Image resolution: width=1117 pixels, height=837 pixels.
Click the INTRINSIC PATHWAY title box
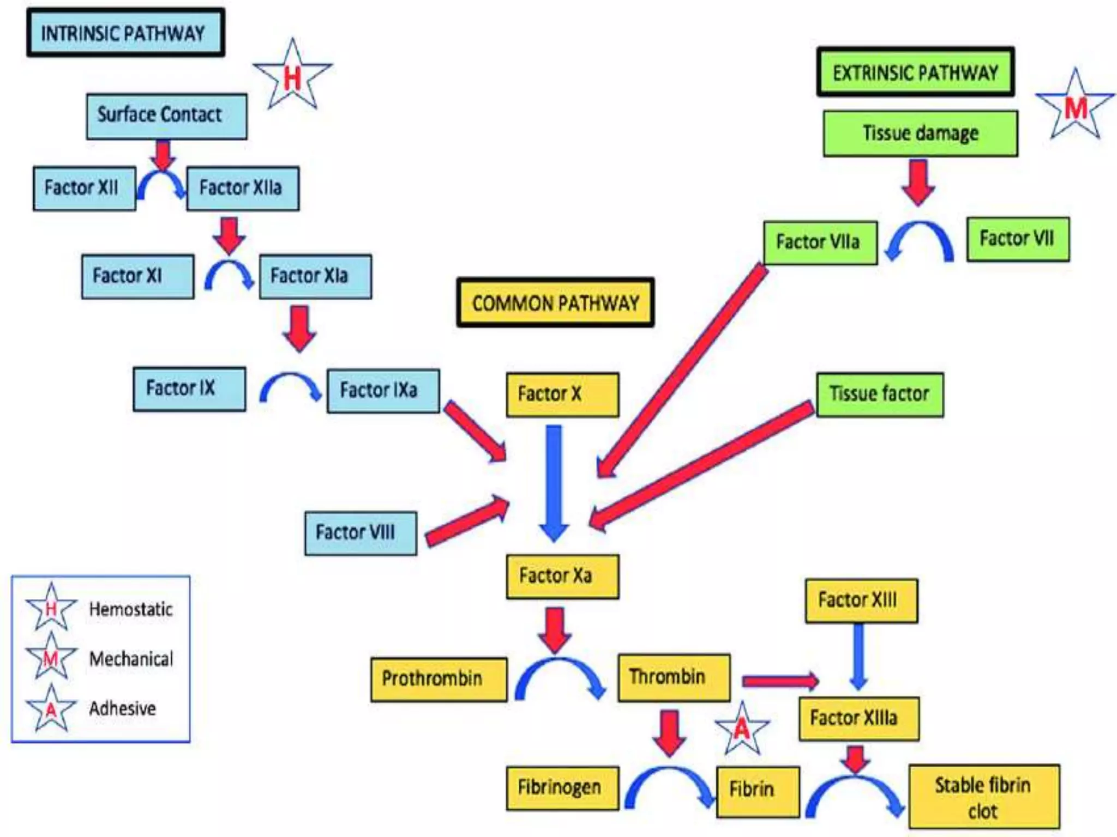[x=125, y=33]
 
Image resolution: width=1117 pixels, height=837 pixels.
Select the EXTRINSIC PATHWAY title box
[x=915, y=72]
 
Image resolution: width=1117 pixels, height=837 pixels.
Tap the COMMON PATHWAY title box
[x=555, y=302]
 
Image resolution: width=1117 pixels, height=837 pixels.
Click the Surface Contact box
[x=166, y=116]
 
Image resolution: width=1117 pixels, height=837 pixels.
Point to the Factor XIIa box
[x=243, y=189]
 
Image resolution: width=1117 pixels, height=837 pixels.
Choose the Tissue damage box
[x=920, y=134]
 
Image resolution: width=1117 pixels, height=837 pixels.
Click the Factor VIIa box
[x=820, y=242]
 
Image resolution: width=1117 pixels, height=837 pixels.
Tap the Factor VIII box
[x=360, y=533]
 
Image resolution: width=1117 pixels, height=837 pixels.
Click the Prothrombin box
[x=438, y=679]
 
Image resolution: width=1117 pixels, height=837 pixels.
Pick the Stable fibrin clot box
[x=984, y=797]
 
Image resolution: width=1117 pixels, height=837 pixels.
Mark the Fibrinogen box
[x=562, y=788]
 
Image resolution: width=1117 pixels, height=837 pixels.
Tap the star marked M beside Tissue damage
[x=1075, y=107]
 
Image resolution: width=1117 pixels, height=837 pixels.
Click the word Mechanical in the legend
[x=131, y=659]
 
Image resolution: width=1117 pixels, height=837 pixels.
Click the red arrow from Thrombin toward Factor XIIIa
[x=780, y=681]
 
